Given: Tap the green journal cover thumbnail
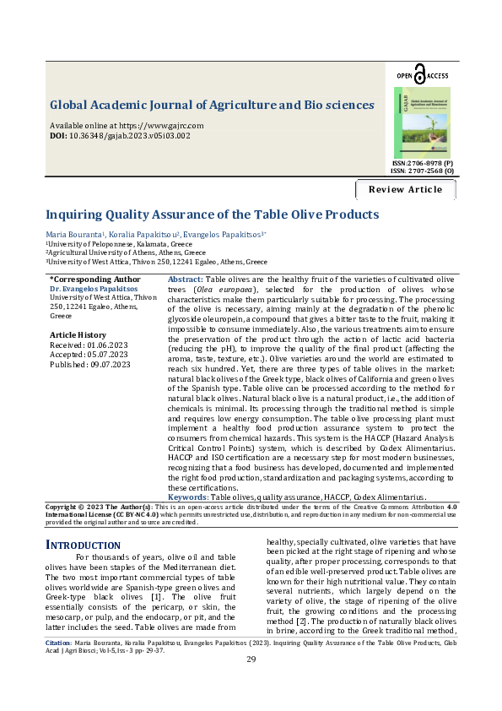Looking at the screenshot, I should [x=422, y=122].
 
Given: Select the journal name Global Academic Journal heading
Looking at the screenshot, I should [x=212, y=106].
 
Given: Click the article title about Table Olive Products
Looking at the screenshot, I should [x=212, y=214].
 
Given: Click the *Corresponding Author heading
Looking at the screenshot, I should [x=94, y=279].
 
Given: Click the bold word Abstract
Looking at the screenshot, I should [x=185, y=279].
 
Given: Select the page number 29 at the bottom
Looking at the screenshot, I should [x=251, y=683].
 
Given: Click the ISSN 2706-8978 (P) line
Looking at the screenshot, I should [x=422, y=162].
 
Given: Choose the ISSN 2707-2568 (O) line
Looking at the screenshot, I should [x=422, y=171].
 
